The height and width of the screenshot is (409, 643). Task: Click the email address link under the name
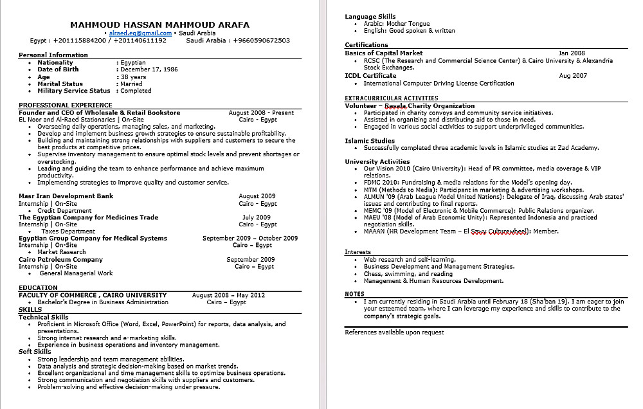(x=140, y=33)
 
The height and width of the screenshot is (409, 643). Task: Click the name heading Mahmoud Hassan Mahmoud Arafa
(x=159, y=24)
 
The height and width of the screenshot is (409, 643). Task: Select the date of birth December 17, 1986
(x=149, y=69)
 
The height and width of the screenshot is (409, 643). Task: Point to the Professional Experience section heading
(x=65, y=105)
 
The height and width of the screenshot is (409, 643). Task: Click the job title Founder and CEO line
(x=99, y=113)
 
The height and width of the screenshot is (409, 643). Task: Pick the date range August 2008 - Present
(x=260, y=113)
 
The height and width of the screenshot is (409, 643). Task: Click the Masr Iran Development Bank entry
(x=66, y=196)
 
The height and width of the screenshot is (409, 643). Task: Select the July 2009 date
(x=257, y=217)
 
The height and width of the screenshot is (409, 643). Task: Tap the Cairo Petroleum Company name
(x=60, y=260)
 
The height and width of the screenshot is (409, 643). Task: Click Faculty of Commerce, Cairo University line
(x=93, y=295)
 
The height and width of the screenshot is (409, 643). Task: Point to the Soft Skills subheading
(x=35, y=352)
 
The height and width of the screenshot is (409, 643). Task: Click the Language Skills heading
(x=370, y=17)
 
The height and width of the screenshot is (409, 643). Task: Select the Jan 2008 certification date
(x=572, y=53)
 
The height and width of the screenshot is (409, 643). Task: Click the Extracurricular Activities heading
(x=391, y=98)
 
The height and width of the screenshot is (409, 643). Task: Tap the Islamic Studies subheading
(x=370, y=141)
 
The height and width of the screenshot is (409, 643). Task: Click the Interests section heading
(x=358, y=252)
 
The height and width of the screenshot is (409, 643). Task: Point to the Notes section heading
(x=354, y=294)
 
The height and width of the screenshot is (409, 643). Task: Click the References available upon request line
(x=394, y=332)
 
